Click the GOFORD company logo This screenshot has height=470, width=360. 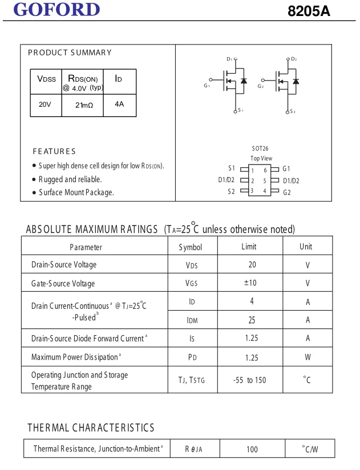56,10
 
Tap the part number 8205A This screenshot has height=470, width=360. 309,11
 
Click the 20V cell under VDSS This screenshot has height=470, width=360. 45,105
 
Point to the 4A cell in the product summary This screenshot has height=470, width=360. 119,105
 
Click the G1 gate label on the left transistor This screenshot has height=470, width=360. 207,86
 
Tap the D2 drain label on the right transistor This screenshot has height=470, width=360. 294,59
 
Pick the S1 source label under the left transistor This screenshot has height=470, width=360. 241,111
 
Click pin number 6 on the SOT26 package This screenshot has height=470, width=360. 265,170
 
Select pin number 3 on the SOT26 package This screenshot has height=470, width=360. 252,191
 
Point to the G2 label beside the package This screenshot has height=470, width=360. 286,192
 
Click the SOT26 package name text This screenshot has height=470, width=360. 260,148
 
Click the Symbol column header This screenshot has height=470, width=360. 191,247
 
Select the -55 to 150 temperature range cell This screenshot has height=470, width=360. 250,380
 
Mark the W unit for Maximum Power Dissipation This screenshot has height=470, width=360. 308,357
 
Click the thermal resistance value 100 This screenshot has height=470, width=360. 252,449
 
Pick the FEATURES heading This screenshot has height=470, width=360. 54,151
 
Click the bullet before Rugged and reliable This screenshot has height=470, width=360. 34,179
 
